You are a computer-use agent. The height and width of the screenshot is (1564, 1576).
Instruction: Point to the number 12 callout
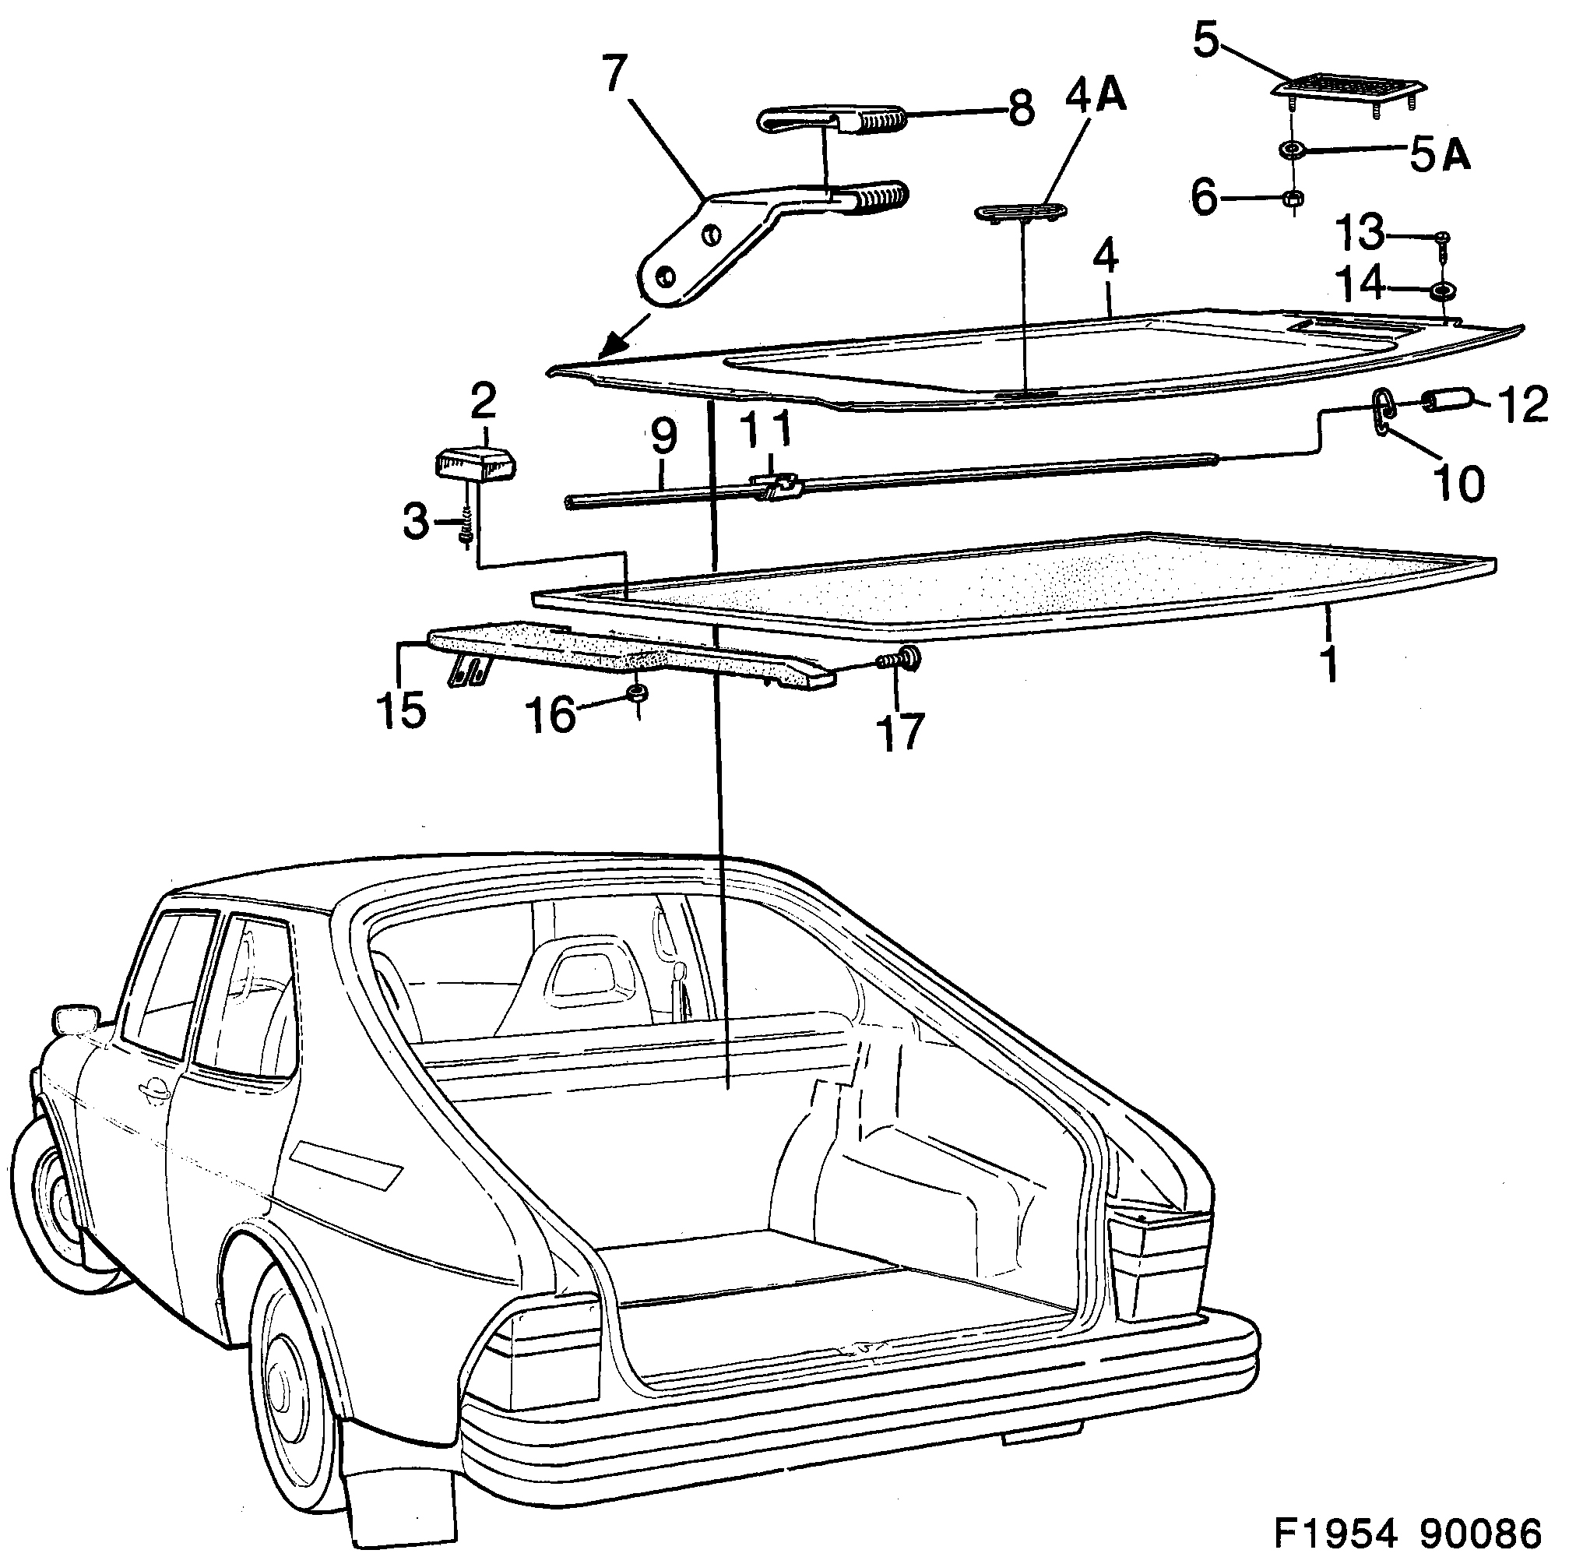(x=1522, y=406)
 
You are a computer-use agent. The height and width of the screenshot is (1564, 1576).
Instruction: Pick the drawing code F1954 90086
(x=1407, y=1533)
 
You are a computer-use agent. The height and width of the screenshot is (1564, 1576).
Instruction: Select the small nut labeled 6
(x=1291, y=199)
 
